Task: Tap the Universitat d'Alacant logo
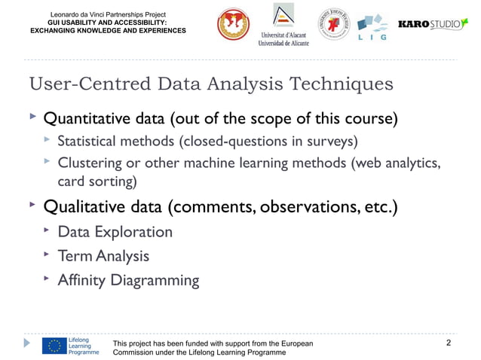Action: (284, 28)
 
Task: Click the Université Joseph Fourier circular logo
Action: (333, 26)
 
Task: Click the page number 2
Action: (449, 344)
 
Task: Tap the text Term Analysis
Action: (103, 256)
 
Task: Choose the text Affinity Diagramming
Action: (129, 281)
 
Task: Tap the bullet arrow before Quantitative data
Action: (32, 117)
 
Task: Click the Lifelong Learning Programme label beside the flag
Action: (83, 346)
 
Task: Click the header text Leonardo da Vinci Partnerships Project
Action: (107, 15)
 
